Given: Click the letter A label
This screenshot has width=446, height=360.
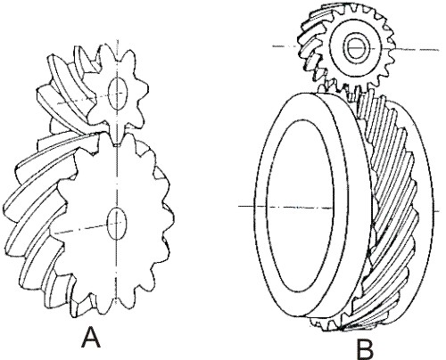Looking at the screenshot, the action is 91,337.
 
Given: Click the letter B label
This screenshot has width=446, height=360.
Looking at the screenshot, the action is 365,349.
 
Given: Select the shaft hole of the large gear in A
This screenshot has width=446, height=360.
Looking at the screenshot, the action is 117,224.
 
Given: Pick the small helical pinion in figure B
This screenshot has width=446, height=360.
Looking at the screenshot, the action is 348,49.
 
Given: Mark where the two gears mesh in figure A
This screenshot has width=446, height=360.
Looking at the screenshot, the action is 117,140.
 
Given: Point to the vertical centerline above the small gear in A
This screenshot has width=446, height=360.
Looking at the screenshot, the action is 119,56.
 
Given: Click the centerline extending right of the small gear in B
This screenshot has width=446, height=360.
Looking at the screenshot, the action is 417,49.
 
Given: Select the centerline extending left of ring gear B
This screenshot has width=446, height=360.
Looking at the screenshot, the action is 246,206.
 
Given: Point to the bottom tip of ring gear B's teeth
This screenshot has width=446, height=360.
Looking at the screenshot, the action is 341,329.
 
